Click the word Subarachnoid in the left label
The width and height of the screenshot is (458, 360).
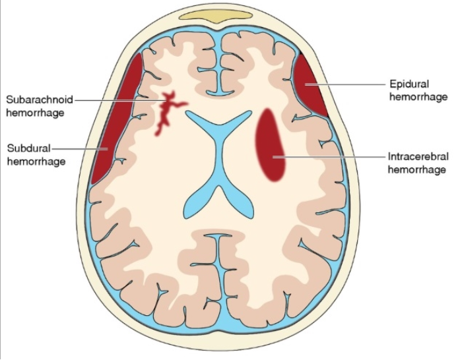[38, 100]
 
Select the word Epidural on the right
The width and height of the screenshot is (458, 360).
[409, 84]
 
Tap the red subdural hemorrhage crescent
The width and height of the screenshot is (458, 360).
[112, 125]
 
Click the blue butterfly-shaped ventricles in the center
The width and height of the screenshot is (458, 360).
[218, 158]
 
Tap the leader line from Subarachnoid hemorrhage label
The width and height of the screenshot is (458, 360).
[119, 100]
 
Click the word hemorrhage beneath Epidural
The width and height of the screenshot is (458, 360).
[418, 97]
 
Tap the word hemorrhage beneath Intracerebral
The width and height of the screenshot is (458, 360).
[418, 169]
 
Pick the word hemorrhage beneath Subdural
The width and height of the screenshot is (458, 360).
[36, 161]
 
